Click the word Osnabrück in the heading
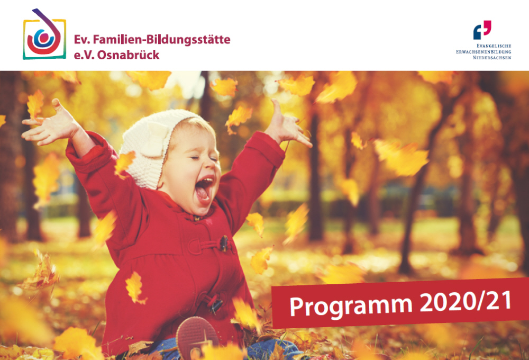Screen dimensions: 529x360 128,55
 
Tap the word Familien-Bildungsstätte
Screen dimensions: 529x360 161,40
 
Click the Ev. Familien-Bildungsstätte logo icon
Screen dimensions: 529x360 44,34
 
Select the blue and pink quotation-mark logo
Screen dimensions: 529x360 482,30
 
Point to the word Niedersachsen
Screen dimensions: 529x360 492,58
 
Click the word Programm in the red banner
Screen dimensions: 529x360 351,306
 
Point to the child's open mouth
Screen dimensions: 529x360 205,189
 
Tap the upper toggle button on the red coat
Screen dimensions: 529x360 224,244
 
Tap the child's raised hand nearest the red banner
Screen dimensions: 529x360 287,125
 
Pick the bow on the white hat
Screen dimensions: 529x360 153,139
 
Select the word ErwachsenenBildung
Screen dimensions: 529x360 484,52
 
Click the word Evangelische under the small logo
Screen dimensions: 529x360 494,46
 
